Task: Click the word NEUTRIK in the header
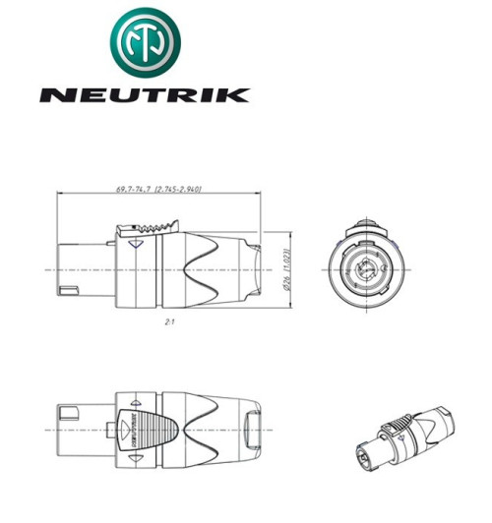pyautogui.click(x=144, y=95)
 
